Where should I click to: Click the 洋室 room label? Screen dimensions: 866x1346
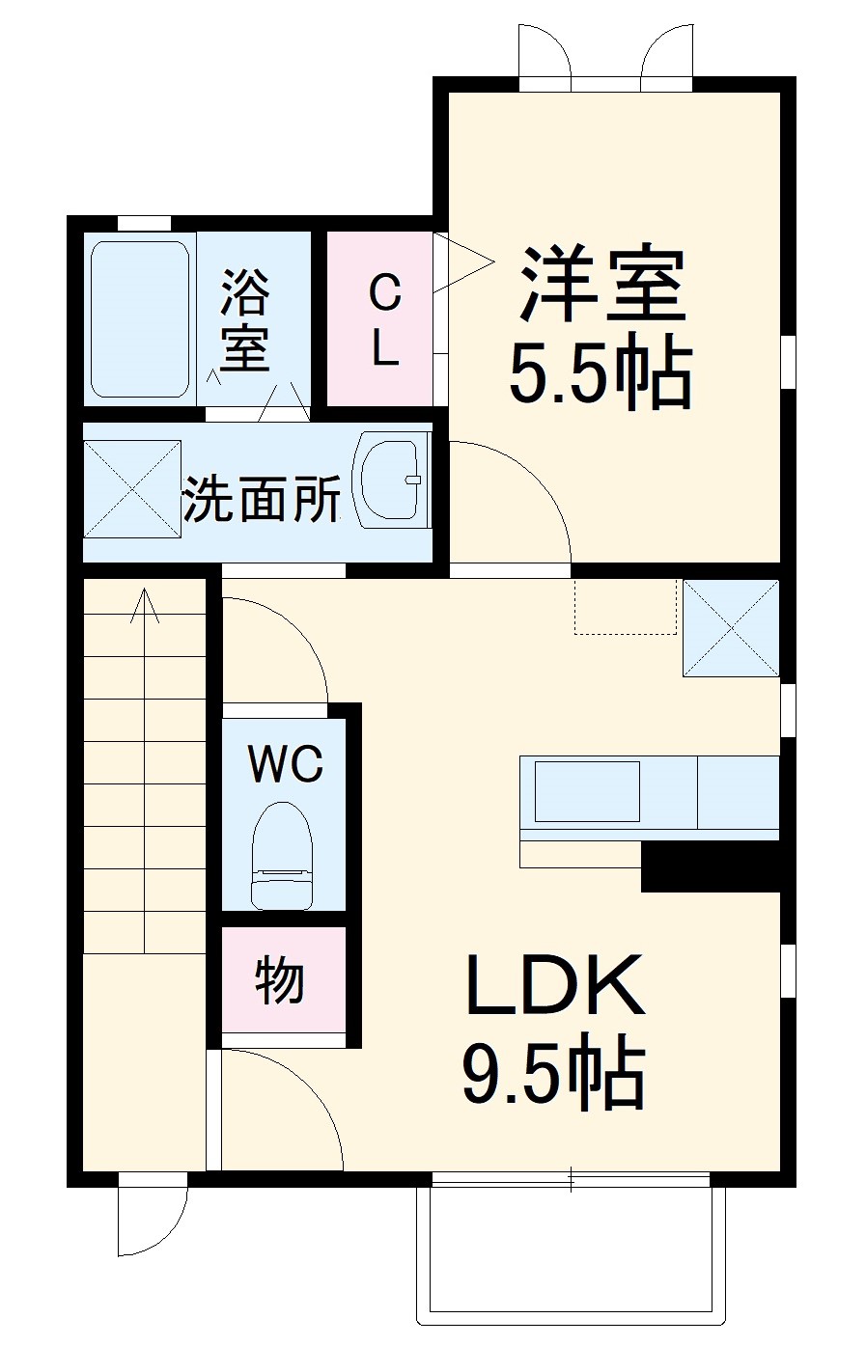click(602, 285)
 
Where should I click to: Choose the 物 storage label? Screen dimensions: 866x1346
click(278, 980)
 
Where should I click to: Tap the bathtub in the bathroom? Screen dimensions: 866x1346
click(140, 319)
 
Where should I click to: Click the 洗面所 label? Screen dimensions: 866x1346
click(262, 498)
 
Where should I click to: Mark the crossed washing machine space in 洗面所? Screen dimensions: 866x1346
click(132, 488)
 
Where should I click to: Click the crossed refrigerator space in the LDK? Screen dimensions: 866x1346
click(731, 627)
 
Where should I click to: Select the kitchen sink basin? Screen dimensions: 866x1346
click(587, 791)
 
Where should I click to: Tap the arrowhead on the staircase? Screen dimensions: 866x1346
click(145, 604)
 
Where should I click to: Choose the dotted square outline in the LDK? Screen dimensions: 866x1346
click(626, 607)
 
